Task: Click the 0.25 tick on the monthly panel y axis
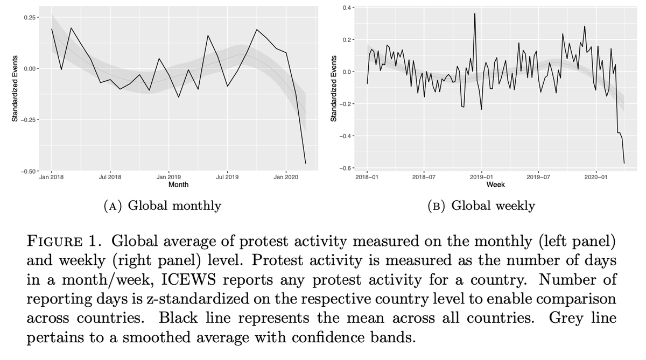(30, 18)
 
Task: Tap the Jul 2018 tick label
(110, 177)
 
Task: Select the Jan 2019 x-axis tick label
(168, 177)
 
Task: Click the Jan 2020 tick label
(285, 177)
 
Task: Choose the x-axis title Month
(178, 185)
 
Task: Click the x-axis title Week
(495, 185)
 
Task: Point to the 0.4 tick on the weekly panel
(348, 8)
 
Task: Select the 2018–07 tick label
(424, 177)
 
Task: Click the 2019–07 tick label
(538, 177)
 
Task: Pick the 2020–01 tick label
(596, 177)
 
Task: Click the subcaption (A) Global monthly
(161, 206)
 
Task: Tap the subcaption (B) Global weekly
(481, 206)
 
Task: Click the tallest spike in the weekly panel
(475, 13)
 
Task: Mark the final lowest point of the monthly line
(305, 163)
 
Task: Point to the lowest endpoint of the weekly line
(624, 163)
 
